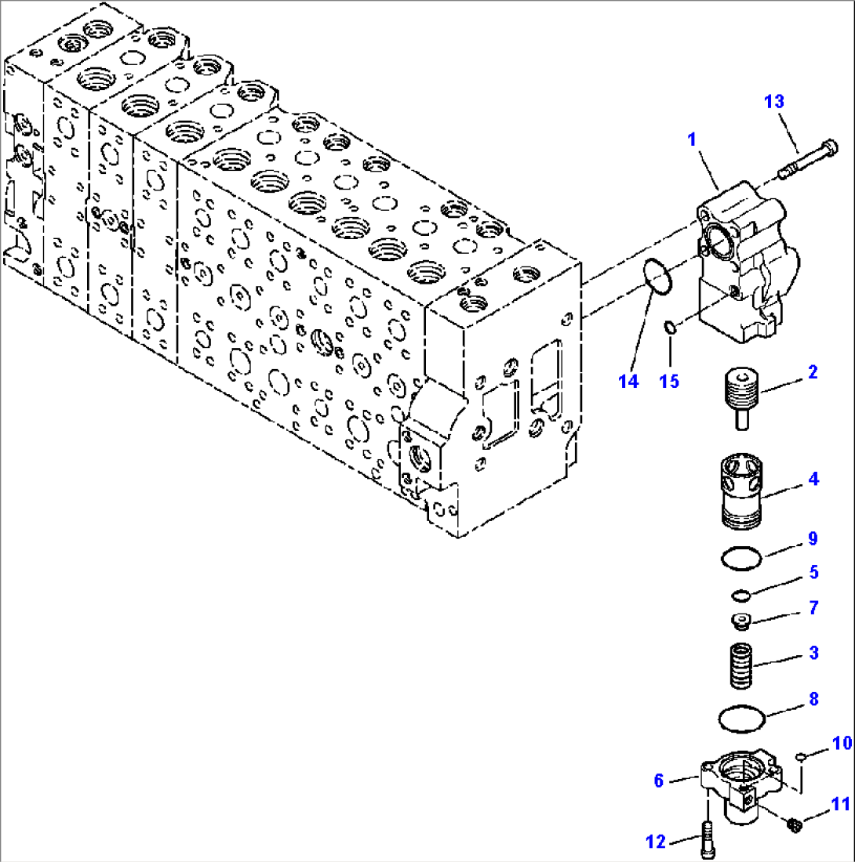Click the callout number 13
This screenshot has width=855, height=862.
point(774,102)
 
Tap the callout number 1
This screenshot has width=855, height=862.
point(692,141)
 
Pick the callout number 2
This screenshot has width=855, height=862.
point(812,372)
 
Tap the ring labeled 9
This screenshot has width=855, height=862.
point(741,560)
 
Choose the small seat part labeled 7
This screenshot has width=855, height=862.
point(740,621)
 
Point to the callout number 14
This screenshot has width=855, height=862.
point(628,382)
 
